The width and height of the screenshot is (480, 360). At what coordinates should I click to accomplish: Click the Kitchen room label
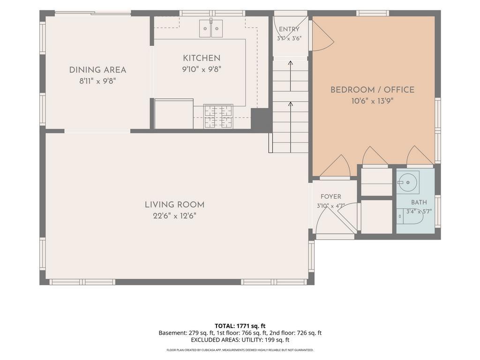click(x=202, y=58)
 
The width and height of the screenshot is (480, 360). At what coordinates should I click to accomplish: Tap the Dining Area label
click(x=97, y=70)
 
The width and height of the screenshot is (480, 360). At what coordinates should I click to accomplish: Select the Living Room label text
click(x=174, y=205)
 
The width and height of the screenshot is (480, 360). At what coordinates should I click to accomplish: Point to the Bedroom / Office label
click(x=372, y=90)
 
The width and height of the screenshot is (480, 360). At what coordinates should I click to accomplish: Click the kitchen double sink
click(x=211, y=28)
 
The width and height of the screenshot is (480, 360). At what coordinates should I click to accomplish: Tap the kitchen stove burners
click(x=218, y=116)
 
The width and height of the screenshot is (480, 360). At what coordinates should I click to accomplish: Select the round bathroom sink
click(x=408, y=182)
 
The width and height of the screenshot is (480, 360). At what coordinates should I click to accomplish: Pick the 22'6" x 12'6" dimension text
click(x=174, y=216)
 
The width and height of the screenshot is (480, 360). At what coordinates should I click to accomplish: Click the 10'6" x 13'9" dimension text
click(x=372, y=101)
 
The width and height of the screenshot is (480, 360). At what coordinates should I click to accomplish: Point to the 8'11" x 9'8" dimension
click(x=97, y=81)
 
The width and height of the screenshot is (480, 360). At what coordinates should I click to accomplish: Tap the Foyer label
click(x=330, y=196)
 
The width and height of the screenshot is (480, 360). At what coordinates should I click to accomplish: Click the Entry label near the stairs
click(x=289, y=29)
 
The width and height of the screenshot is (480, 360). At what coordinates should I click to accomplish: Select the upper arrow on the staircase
click(x=291, y=76)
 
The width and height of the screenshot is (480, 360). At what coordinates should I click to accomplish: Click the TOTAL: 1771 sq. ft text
click(x=240, y=326)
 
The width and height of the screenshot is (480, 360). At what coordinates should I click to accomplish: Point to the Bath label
click(x=419, y=202)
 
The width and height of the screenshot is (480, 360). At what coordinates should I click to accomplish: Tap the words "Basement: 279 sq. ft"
click(x=186, y=333)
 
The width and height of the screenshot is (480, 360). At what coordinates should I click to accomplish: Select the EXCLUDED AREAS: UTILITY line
click(x=240, y=340)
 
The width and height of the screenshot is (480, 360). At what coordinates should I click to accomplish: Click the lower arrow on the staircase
click(x=291, y=127)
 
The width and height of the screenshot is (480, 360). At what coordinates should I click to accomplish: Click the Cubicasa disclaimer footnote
click(x=240, y=350)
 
